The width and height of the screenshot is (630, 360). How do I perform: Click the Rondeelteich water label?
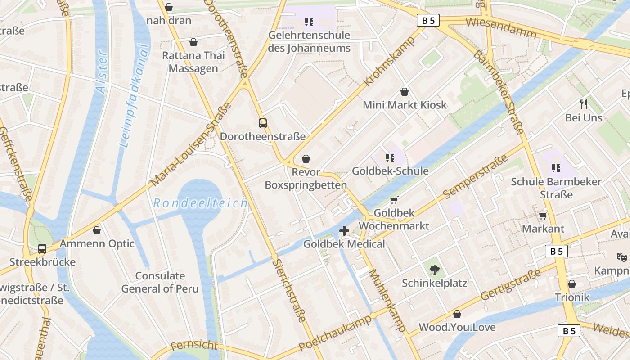(x=200, y=203)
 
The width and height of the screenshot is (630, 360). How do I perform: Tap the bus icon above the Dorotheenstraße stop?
(x=262, y=123)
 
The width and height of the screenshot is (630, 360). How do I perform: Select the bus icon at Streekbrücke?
(x=42, y=248)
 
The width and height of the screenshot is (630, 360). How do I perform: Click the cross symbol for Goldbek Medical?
(x=344, y=231)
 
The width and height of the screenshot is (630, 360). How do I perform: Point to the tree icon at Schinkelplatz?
(x=434, y=270)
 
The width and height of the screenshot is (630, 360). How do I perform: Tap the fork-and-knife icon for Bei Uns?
(x=584, y=104)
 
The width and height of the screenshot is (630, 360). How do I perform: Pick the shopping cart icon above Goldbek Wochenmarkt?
(x=394, y=200)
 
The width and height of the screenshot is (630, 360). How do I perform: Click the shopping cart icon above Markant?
(x=543, y=216)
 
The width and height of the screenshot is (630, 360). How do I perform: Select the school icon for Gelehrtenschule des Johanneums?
(x=309, y=22)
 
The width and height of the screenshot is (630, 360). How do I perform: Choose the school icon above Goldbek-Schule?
(x=390, y=158)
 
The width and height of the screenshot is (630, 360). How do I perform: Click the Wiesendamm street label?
(x=501, y=28)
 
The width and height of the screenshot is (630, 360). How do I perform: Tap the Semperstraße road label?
(x=475, y=177)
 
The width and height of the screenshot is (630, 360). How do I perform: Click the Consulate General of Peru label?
(x=160, y=282)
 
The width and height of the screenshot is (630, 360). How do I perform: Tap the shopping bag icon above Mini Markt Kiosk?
(x=405, y=92)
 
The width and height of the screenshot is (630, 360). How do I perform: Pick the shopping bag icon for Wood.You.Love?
(x=457, y=314)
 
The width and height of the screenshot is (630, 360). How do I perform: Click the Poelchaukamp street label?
(x=335, y=333)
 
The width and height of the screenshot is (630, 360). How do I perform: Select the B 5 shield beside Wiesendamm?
(x=428, y=20)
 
